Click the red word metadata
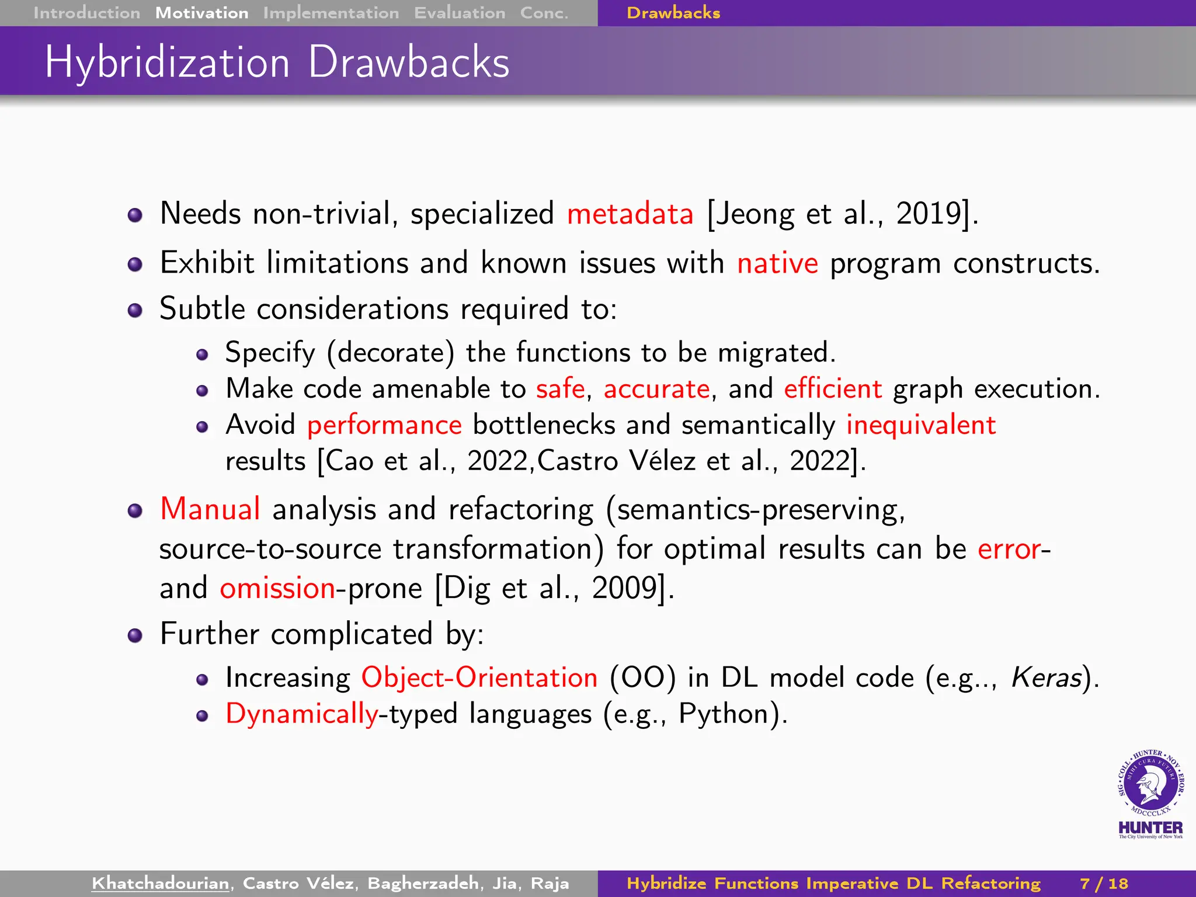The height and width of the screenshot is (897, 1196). tap(630, 214)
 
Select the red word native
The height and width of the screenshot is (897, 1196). tap(777, 263)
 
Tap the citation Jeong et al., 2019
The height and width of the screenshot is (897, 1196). tap(842, 214)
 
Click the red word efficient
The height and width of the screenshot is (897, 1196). tap(832, 389)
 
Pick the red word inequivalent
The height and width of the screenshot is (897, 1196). tap(920, 425)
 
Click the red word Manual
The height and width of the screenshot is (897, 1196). tap(210, 509)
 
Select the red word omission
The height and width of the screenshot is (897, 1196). tap(277, 588)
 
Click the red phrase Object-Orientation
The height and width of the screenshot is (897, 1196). tap(479, 678)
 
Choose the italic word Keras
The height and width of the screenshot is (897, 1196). tap(1046, 678)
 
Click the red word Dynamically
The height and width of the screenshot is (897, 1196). tap(302, 714)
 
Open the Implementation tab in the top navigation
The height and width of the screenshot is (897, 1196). tap(331, 13)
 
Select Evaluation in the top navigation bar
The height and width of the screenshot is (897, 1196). tap(460, 13)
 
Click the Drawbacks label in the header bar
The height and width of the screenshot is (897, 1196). tap(673, 13)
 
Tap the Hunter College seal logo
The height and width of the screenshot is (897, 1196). tap(1150, 785)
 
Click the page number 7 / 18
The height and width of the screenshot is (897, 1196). tap(1104, 884)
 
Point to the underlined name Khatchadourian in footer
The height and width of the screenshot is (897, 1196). tap(161, 884)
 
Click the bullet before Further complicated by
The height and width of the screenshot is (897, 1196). tap(135, 635)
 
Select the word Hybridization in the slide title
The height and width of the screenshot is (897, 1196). tap(167, 62)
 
